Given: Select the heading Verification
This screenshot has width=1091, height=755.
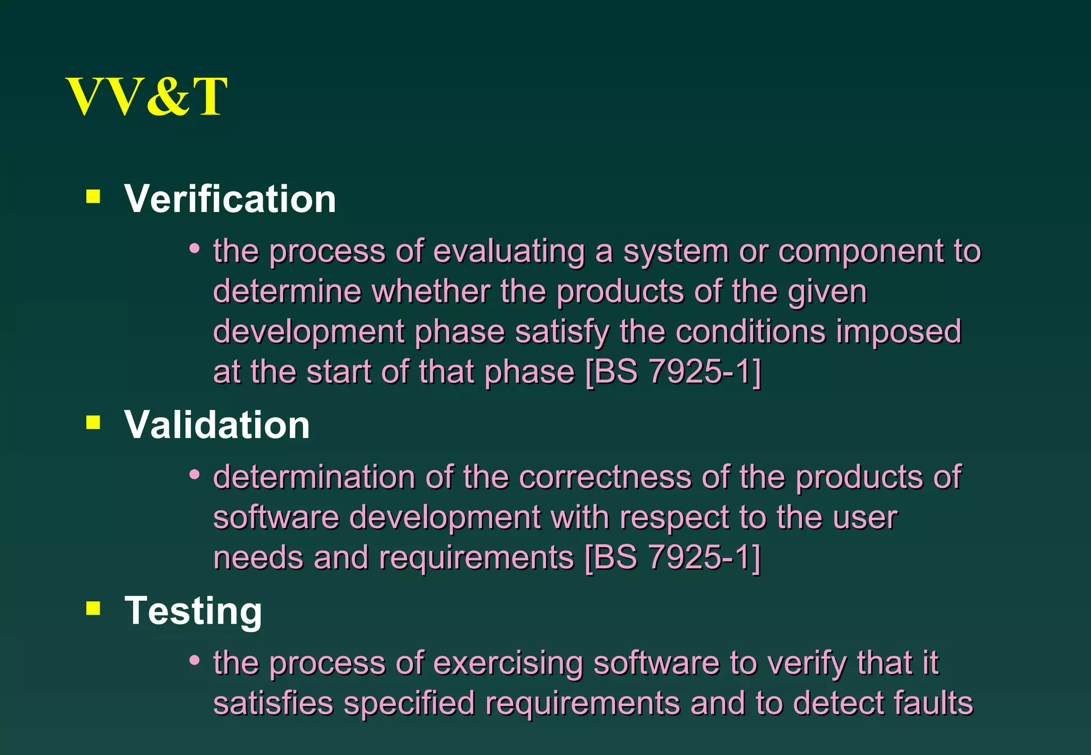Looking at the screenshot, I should click(230, 199).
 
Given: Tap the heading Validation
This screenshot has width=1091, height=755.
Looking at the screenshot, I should click(217, 425).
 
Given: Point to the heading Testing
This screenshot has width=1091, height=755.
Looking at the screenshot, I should click(193, 611).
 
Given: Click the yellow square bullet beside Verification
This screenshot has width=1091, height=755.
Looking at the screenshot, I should click(93, 197).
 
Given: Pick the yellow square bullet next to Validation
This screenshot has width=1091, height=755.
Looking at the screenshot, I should click(93, 423).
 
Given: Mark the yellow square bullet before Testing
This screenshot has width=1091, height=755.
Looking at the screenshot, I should click(93, 608).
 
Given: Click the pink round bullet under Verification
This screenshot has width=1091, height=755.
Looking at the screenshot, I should click(194, 248).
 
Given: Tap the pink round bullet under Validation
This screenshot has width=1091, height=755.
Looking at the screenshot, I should click(194, 474).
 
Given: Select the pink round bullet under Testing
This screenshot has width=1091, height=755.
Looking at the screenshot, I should click(194, 660).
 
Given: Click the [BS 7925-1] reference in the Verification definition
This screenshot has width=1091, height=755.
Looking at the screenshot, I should click(673, 372).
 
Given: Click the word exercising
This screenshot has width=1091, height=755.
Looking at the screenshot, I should click(508, 663).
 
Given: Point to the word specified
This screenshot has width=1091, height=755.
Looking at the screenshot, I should click(409, 704).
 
